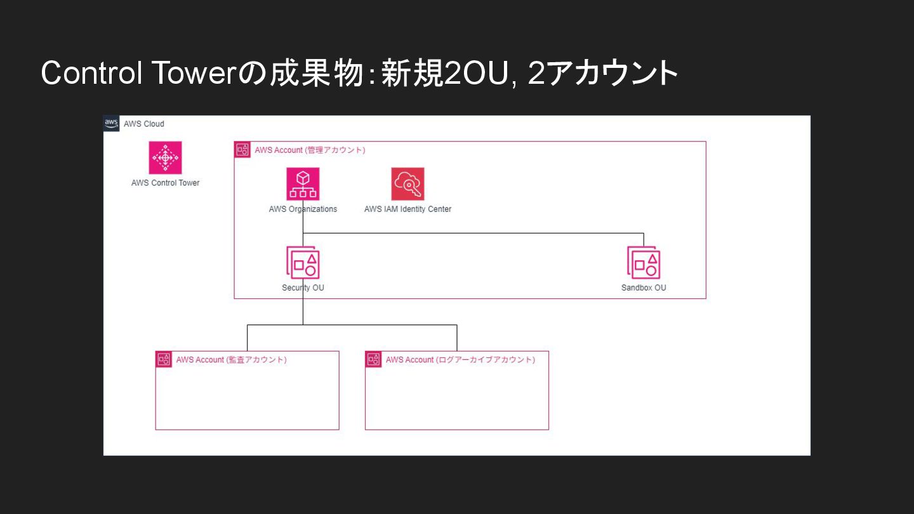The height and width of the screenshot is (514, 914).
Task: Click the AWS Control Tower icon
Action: click(x=165, y=157)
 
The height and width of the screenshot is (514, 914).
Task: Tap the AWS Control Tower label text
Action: click(x=165, y=183)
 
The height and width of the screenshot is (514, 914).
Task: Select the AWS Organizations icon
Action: click(x=303, y=184)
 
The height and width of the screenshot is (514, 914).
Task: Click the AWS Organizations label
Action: click(x=303, y=209)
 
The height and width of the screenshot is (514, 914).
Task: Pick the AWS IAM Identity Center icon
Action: click(x=407, y=184)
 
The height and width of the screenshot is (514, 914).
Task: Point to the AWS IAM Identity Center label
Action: click(x=407, y=209)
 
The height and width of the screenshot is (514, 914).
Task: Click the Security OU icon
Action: click(x=303, y=263)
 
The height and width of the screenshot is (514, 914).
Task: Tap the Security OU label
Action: click(x=303, y=287)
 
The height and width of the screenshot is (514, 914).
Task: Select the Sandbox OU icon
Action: click(x=644, y=263)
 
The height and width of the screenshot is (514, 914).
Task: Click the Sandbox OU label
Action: click(x=644, y=287)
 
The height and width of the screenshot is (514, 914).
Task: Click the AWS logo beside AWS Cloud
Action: click(x=111, y=123)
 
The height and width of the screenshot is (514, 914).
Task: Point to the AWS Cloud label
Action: click(x=143, y=124)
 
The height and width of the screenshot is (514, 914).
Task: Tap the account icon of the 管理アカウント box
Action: click(x=242, y=150)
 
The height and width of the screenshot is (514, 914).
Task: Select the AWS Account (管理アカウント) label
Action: click(x=310, y=150)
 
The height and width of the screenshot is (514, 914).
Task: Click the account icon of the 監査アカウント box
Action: click(x=164, y=359)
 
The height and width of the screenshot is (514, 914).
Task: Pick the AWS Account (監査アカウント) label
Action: click(x=231, y=360)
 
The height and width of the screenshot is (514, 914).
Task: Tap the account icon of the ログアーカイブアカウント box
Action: click(x=373, y=359)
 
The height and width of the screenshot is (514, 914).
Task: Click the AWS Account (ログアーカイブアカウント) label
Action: click(x=460, y=360)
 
